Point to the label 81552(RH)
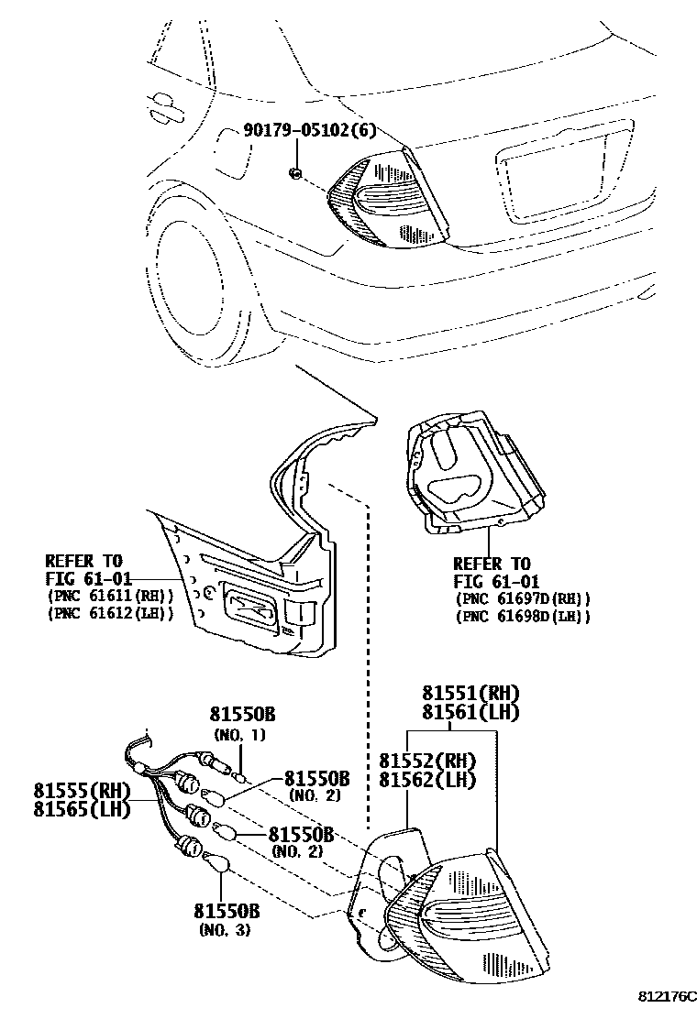[x=426, y=760]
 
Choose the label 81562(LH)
[x=426, y=780]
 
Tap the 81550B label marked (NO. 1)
[x=242, y=715]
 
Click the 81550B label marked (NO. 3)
[x=227, y=912]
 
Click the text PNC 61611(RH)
[x=110, y=596]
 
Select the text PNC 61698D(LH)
[x=523, y=617]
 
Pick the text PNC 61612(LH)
[x=110, y=613]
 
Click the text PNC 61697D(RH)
[x=523, y=599]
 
